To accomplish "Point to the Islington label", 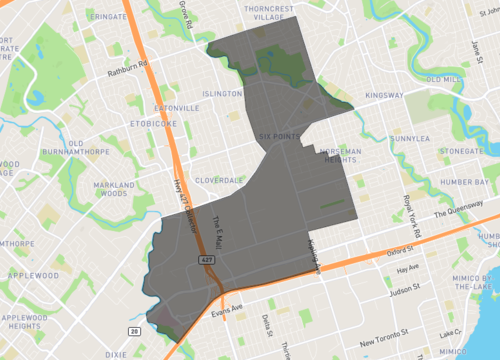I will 222,92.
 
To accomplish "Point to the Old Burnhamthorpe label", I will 73,152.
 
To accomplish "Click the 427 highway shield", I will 207,259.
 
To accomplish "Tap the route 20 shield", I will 134,329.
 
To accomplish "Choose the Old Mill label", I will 443,79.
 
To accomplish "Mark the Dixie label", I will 117,354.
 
